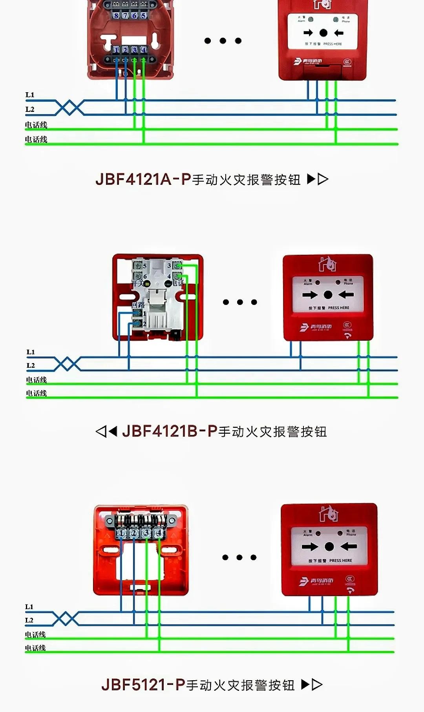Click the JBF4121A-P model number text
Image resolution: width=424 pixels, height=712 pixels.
(x=143, y=179)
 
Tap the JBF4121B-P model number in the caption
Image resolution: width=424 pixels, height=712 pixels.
(x=170, y=431)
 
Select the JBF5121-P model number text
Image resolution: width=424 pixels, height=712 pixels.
(x=143, y=685)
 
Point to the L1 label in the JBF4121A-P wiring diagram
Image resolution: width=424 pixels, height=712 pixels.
(x=30, y=95)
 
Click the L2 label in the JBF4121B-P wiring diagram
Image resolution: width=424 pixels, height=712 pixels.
(x=31, y=365)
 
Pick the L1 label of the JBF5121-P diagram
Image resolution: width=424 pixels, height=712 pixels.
(x=29, y=607)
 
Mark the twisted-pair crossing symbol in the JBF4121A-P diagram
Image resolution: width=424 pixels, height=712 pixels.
(x=69, y=107)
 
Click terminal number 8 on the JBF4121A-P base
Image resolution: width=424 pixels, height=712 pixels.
(x=116, y=15)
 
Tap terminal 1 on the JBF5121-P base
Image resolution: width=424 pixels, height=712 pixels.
(x=121, y=533)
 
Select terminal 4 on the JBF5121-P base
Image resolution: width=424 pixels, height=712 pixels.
(x=159, y=533)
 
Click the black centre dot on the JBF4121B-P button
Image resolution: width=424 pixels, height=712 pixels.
(x=328, y=295)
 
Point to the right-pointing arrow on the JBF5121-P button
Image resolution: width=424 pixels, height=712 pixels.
(x=310, y=546)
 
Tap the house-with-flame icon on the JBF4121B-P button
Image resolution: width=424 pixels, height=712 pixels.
(x=328, y=264)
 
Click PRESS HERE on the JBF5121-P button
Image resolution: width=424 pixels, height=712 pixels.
(x=340, y=560)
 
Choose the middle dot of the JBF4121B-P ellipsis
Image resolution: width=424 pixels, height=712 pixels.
(x=240, y=302)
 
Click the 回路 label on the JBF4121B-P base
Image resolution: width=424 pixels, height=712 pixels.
(x=138, y=305)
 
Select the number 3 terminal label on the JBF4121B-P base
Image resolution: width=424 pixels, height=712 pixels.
(x=169, y=265)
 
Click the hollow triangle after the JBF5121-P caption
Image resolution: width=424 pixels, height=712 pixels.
(x=317, y=685)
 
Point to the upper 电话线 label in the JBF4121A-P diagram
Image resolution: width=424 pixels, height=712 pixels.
(x=36, y=125)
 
